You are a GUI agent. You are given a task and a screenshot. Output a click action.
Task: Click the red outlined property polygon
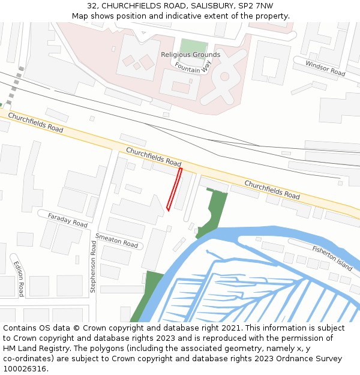click(174, 190)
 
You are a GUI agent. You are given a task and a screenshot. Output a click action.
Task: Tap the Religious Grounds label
click(190, 55)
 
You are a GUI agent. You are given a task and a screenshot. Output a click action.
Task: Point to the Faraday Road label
click(68, 220)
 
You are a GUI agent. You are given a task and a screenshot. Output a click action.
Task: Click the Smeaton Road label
click(116, 241)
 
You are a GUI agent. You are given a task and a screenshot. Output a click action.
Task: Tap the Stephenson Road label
click(93, 267)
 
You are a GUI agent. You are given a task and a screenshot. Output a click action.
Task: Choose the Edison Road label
click(19, 278)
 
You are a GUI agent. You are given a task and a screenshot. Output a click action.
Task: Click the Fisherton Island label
click(332, 257)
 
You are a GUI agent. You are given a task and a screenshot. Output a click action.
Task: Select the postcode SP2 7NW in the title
click(255, 6)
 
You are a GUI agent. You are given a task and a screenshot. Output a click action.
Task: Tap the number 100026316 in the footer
click(24, 369)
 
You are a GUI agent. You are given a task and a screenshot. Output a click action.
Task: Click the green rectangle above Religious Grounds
click(193, 46)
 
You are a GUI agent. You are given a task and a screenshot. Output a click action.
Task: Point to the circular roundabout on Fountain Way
click(225, 76)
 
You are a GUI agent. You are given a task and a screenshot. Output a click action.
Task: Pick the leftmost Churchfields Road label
click(35, 123)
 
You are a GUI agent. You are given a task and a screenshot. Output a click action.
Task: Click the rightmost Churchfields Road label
click(272, 189)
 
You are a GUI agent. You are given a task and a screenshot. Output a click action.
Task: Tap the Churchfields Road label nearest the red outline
click(154, 157)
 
